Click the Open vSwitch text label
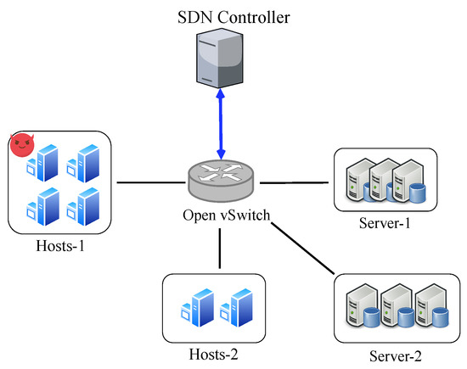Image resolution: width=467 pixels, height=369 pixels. pyautogui.click(x=226, y=215)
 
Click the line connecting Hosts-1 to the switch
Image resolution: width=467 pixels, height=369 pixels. pyautogui.click(x=151, y=182)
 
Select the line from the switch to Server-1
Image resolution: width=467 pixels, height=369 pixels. pyautogui.click(x=293, y=182)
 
